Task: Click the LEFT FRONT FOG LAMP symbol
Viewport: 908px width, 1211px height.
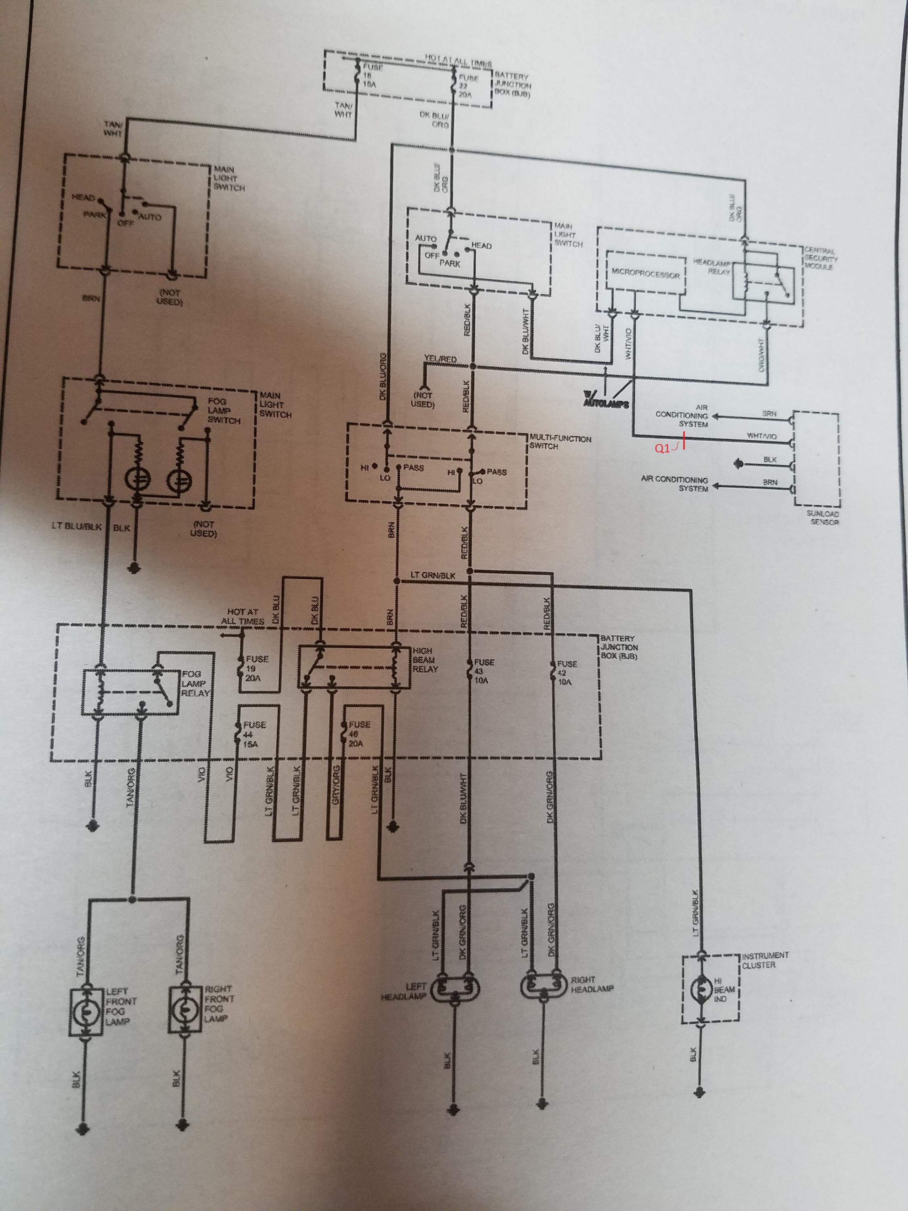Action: (x=86, y=1011)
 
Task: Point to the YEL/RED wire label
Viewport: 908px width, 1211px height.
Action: (x=439, y=358)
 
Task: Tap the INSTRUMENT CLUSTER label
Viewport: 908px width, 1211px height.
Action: (x=765, y=960)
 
